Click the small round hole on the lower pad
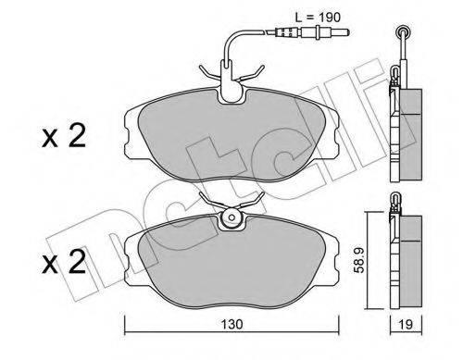(x=231, y=219)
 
